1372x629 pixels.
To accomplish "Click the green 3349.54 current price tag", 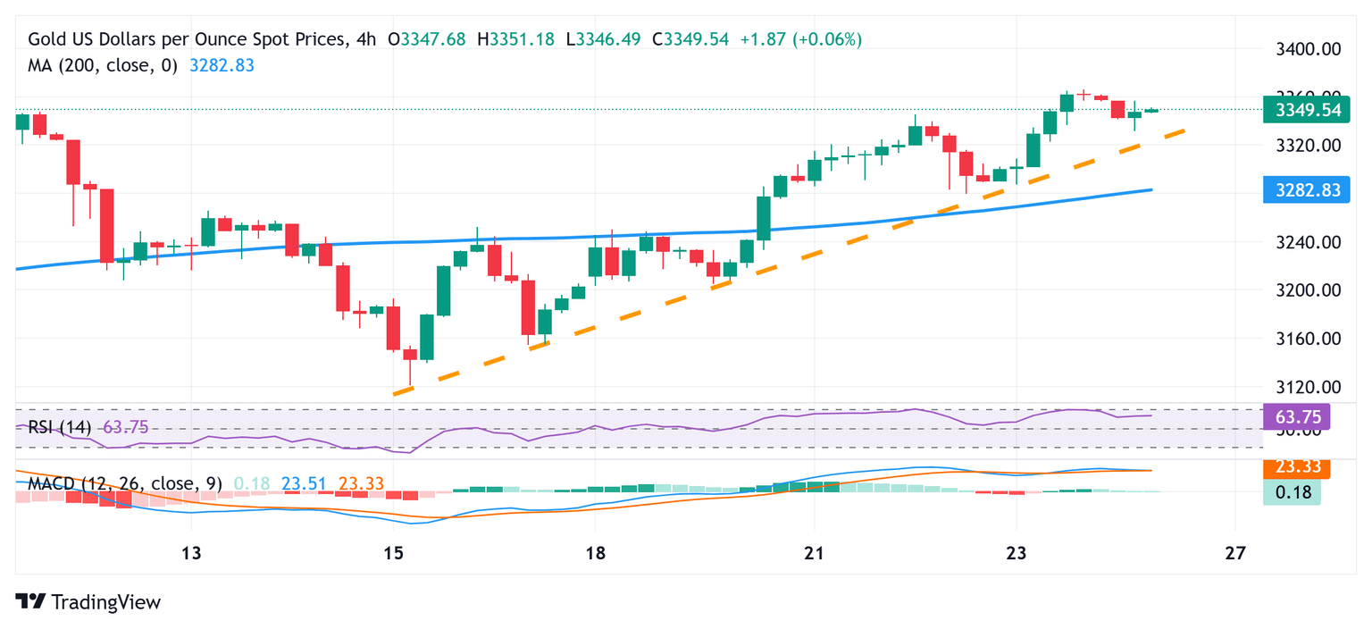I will pyautogui.click(x=1306, y=110).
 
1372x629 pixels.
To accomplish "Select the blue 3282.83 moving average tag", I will pyautogui.click(x=1306, y=189).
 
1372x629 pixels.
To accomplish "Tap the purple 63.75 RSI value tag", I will pyautogui.click(x=1297, y=416).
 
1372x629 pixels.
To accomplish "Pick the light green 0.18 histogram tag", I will pyautogui.click(x=1292, y=491).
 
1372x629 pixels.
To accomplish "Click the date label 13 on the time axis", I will pyautogui.click(x=190, y=553).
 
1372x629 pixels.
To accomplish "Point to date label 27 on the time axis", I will pyautogui.click(x=1235, y=553).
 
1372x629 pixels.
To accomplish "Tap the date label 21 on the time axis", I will pyautogui.click(x=813, y=553).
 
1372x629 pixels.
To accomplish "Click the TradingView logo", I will pyautogui.click(x=88, y=602).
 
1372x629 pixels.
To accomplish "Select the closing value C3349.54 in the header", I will pyautogui.click(x=690, y=39).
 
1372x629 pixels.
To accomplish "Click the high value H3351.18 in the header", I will pyautogui.click(x=516, y=39).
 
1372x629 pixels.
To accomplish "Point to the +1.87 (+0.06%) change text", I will pyautogui.click(x=800, y=39).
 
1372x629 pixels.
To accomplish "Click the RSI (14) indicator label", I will pyautogui.click(x=60, y=427).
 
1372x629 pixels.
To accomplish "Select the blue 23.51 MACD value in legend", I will pyautogui.click(x=304, y=483).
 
